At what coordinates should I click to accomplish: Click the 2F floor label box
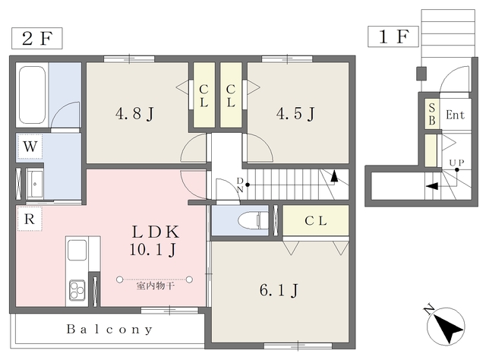point(37,38)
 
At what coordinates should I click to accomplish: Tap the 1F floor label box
point(393,36)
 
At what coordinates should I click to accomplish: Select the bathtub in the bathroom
point(32,95)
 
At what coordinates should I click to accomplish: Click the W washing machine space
point(30,147)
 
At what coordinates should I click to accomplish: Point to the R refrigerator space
point(30,219)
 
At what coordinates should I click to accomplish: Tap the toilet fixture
point(253,220)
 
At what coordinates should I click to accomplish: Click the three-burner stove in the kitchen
point(77,290)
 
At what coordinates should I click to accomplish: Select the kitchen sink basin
point(77,250)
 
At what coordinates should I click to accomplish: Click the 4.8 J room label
point(134,114)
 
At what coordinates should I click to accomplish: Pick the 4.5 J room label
point(295,114)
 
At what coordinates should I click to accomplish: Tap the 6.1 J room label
point(279,291)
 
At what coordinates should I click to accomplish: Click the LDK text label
point(156,232)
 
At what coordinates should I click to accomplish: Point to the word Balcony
point(109,330)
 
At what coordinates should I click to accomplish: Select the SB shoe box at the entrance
point(432,114)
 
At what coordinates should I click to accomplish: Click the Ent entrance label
point(455,115)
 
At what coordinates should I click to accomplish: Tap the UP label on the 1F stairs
point(456,163)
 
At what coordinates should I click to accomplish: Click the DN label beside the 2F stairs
point(240,185)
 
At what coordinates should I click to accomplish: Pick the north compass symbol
point(445,326)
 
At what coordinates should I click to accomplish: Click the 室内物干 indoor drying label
point(155,286)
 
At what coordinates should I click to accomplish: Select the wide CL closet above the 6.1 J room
point(316,220)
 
